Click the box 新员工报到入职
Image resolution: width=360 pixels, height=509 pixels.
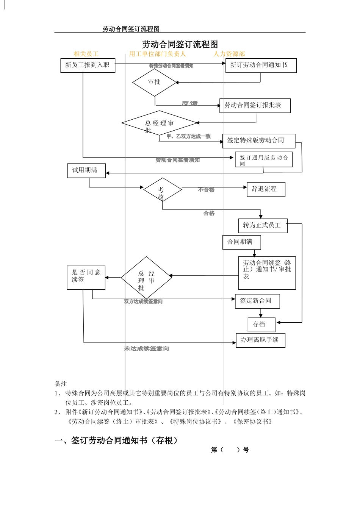click(88, 65)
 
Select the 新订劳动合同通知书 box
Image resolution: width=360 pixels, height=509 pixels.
click(261, 65)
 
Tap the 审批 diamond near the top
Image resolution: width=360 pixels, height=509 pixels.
click(154, 82)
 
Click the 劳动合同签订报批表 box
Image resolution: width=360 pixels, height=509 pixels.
click(255, 105)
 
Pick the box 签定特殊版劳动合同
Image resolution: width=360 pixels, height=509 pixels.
click(258, 141)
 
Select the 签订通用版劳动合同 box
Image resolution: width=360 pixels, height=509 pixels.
click(264, 160)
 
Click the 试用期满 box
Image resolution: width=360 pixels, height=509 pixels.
click(86, 170)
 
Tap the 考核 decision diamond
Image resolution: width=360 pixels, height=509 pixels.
click(162, 189)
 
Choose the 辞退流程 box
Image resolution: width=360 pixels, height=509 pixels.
click(266, 189)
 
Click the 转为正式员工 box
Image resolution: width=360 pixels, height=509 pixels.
click(262, 225)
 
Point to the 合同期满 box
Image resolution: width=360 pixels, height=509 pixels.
click(241, 242)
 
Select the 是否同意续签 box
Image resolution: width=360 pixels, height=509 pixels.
click(86, 277)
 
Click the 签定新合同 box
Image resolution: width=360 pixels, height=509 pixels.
click(257, 301)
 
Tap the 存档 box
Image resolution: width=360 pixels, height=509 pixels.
click(261, 324)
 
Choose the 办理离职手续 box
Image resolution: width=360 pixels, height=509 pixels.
click(260, 340)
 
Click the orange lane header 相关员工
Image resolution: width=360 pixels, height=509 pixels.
click(86, 54)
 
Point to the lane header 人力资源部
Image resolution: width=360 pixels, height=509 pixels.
click(229, 54)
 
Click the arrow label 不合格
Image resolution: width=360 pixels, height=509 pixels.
click(206, 190)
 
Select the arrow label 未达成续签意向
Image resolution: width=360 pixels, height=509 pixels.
click(146, 348)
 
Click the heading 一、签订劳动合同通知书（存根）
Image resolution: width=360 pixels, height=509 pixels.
click(116, 440)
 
